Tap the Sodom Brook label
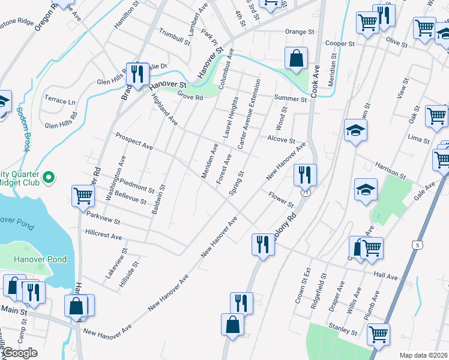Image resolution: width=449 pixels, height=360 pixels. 23,128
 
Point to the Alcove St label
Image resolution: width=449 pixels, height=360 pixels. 282,140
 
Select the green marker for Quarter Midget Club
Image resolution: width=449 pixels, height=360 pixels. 50,178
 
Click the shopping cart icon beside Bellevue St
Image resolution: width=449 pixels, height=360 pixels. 83,196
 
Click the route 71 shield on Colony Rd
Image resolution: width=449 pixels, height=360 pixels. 306,193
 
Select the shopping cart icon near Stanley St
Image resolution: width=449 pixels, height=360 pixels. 378,334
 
